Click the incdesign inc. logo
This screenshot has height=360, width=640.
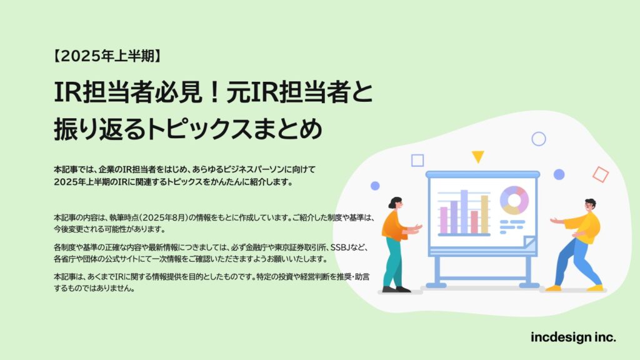click(x=573, y=337)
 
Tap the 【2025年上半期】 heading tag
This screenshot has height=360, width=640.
click(x=107, y=56)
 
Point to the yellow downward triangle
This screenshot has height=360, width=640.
click(x=478, y=156)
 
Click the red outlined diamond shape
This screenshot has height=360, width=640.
click(x=601, y=174)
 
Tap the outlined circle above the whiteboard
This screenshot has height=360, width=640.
click(x=539, y=139)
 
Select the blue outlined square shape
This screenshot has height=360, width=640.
click(x=417, y=161)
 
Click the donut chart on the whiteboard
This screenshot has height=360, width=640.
click(x=514, y=200)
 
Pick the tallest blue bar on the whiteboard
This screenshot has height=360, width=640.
click(x=464, y=211)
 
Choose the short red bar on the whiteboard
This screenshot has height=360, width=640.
click(x=474, y=222)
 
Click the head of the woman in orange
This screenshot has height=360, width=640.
click(x=396, y=203)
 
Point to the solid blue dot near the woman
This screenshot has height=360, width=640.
click(x=375, y=186)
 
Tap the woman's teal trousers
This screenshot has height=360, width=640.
click(x=393, y=262)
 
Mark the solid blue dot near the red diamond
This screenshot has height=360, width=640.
click(x=559, y=174)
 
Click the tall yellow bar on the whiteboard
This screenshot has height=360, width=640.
click(x=484, y=214)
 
